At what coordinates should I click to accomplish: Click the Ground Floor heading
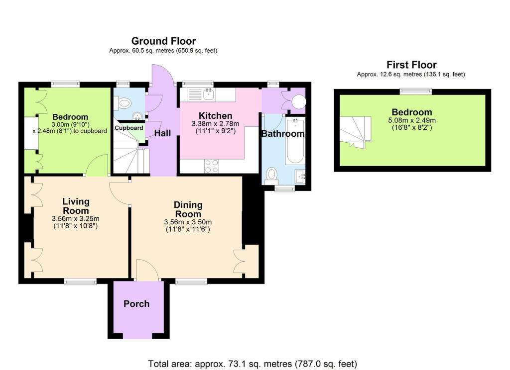coord(163,41)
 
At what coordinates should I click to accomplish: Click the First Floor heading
coord(411,65)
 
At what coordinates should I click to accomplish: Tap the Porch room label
coord(136,304)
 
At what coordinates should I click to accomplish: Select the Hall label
coord(162,133)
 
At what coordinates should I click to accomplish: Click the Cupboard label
coord(129,128)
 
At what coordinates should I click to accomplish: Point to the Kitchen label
coord(216,116)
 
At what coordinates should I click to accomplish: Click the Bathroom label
coord(283,134)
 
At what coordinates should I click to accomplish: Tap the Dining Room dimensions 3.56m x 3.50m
coord(188,222)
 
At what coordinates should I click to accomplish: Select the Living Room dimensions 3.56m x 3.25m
coord(76,219)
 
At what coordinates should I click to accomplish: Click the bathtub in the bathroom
coord(295,141)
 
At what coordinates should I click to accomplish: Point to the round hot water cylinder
coord(299,102)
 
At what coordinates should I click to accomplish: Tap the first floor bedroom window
coord(417,91)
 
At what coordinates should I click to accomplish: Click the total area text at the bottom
coord(253,364)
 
